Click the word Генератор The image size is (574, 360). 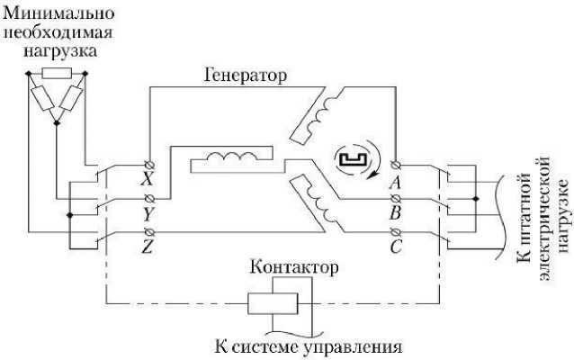click(244, 76)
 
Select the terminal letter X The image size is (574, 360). click(146, 180)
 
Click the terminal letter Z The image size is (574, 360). click(147, 247)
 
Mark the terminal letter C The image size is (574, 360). click(394, 247)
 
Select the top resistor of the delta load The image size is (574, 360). click(56, 73)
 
